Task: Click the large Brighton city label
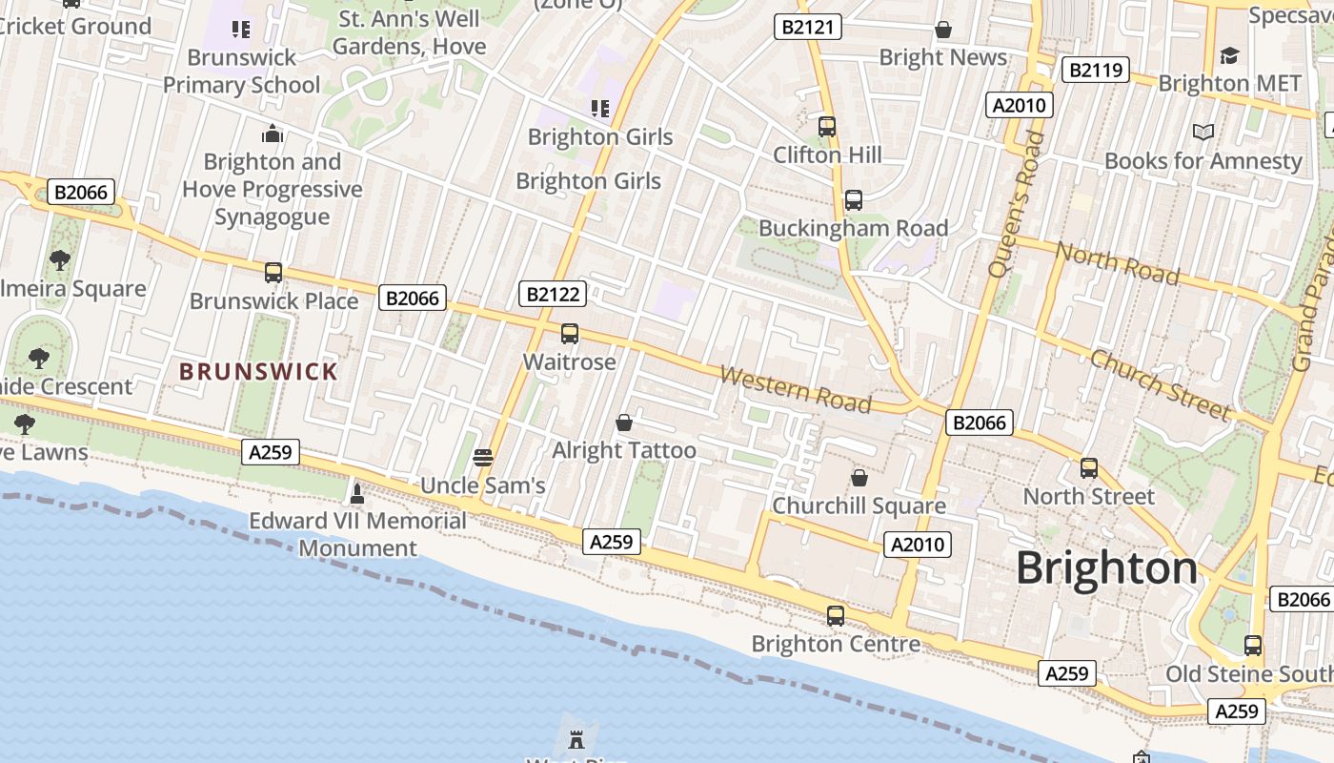1106,568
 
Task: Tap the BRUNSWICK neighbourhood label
258,372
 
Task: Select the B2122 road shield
553,294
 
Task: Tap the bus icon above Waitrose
569,334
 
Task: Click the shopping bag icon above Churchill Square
859,477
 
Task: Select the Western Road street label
795,389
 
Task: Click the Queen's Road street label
1016,204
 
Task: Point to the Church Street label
1160,385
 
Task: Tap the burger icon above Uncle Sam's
483,457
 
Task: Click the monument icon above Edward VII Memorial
357,493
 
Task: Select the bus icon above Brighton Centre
836,615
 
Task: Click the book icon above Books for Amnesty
1203,132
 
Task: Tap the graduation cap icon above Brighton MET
1229,55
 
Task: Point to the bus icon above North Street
1088,468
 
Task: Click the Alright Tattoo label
624,450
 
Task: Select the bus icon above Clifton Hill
826,126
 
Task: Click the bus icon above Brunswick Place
273,273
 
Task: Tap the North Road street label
1118,264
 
